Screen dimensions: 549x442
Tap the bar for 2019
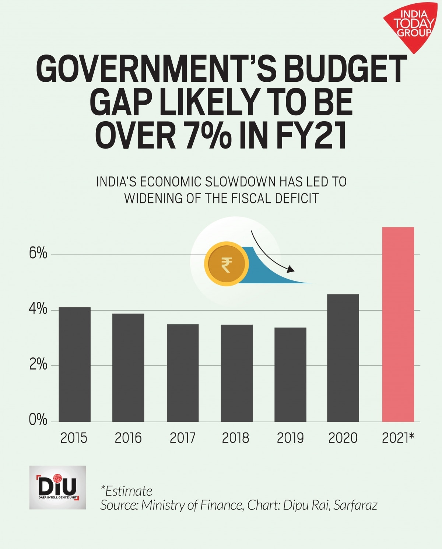290,374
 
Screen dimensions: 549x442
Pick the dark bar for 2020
343,358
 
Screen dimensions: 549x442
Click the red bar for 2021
398,324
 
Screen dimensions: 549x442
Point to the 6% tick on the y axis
38,254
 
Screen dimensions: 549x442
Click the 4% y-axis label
38,309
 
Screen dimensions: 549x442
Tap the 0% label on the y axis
38,420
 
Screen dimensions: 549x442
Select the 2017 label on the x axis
182,438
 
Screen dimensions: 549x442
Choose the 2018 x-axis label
236,438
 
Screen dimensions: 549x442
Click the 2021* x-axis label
398,438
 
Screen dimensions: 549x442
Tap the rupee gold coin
227,264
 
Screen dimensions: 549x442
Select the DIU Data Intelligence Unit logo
57,487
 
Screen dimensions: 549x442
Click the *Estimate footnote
126,491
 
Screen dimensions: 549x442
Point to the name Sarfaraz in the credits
355,505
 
